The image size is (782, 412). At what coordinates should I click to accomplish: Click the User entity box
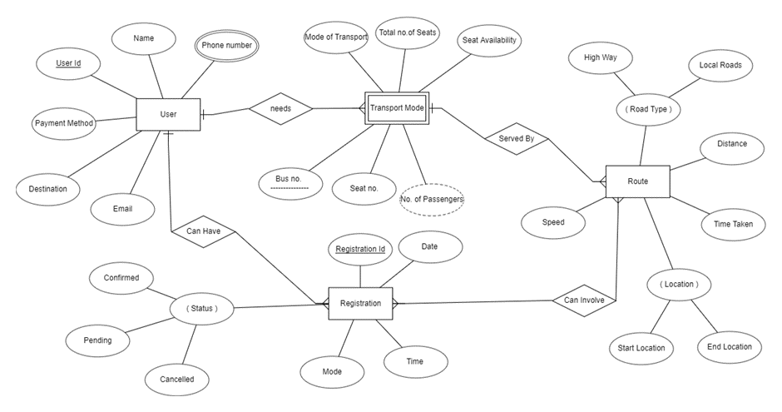click(168, 114)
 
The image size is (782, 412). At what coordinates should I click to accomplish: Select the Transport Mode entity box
click(396, 108)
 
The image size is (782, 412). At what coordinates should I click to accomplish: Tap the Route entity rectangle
click(637, 181)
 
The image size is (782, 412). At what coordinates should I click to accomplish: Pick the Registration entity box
click(360, 304)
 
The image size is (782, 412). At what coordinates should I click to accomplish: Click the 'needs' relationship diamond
click(280, 108)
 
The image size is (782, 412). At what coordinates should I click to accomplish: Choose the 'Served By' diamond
click(516, 139)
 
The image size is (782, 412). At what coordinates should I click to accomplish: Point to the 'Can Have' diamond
click(204, 231)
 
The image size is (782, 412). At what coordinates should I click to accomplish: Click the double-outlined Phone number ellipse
click(226, 46)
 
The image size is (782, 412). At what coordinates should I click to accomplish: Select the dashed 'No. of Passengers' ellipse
click(431, 199)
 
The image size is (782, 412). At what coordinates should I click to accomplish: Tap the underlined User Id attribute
click(67, 63)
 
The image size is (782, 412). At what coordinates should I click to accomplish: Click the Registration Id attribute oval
click(359, 249)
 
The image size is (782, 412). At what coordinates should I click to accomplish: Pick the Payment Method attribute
click(63, 123)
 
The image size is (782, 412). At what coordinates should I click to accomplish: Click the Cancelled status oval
click(176, 380)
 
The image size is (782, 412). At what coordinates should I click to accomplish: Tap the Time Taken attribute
click(733, 225)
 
